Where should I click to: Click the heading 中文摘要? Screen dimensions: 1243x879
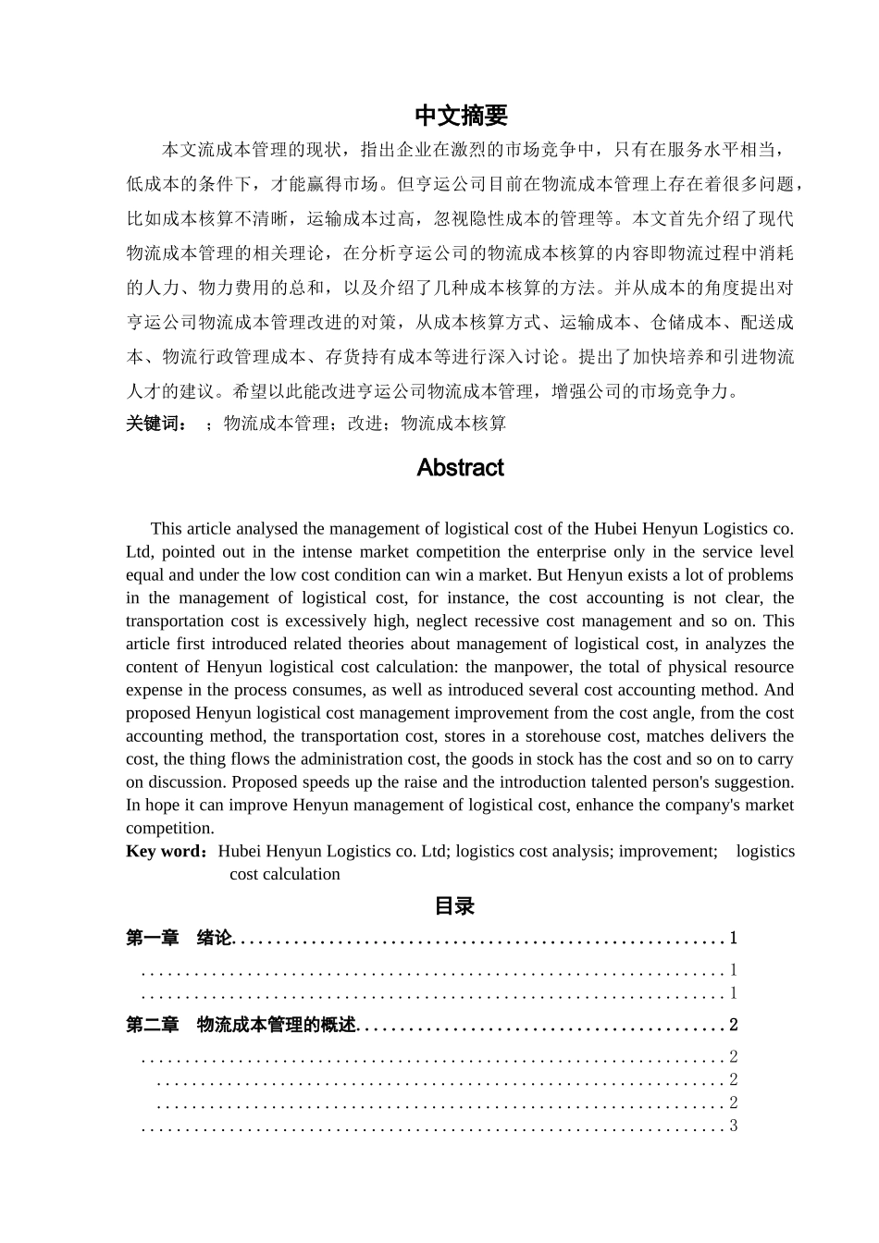pyautogui.click(x=461, y=116)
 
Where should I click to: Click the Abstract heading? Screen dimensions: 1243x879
pyautogui.click(x=460, y=468)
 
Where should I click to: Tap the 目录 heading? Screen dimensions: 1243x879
pyautogui.click(x=454, y=906)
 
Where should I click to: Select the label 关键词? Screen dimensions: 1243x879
pyautogui.click(x=156, y=424)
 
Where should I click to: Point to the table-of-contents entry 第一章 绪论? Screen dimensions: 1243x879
pyautogui.click(x=180, y=939)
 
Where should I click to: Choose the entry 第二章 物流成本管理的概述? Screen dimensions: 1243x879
pyautogui.click(x=241, y=1025)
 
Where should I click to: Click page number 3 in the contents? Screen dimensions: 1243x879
pyautogui.click(x=734, y=1126)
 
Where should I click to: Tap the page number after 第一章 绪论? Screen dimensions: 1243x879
pyautogui.click(x=734, y=939)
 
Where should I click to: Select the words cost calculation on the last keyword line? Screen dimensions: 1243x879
pyautogui.click(x=285, y=874)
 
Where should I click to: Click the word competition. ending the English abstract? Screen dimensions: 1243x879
pyautogui.click(x=169, y=828)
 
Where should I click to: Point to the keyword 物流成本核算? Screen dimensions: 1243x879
pyautogui.click(x=453, y=424)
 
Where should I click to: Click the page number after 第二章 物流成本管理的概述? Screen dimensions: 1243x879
pyautogui.click(x=734, y=1025)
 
